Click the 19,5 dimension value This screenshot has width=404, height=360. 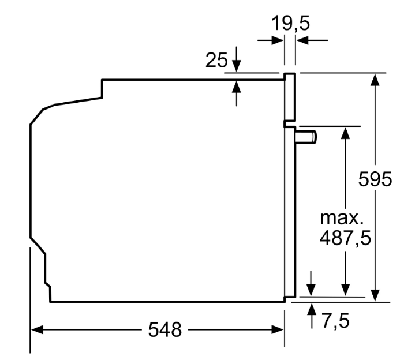(x=291, y=24)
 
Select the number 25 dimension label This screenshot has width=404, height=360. (x=216, y=60)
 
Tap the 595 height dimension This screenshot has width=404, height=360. (x=375, y=179)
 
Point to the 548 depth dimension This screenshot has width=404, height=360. (x=165, y=329)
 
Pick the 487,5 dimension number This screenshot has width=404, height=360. (x=345, y=238)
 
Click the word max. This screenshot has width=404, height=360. (x=342, y=219)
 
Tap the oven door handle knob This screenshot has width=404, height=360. (x=306, y=137)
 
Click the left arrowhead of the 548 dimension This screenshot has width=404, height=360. (x=37, y=329)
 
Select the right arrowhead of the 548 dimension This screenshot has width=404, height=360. (x=278, y=329)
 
